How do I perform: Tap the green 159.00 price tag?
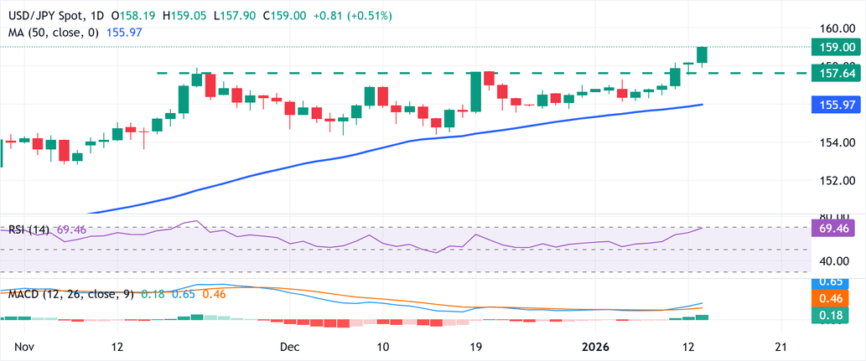pos(839,48)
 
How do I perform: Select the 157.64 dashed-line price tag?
pos(839,74)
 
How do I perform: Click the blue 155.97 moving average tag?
pos(839,105)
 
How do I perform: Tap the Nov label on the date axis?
pos(24,346)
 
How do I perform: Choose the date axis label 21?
pos(781,346)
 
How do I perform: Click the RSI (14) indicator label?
pos(30,228)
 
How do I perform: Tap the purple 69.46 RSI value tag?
pos(839,227)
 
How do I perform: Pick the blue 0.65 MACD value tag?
pos(839,283)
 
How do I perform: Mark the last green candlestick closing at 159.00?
pos(703,54)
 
